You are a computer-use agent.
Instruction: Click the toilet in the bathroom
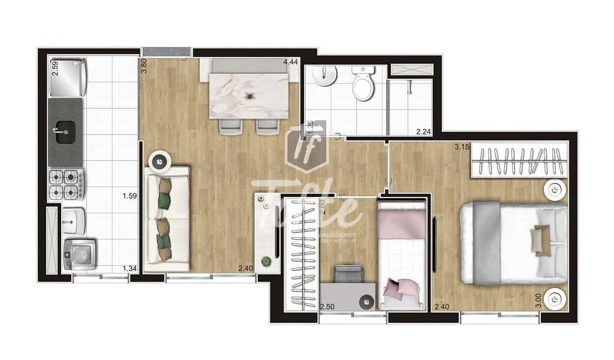click(363, 85)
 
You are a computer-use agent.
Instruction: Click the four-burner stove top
click(65, 184)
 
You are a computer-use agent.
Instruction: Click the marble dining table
click(249, 95)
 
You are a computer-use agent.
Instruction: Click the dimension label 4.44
click(290, 62)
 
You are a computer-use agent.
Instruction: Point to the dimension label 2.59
click(55, 68)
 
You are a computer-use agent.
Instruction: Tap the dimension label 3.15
click(461, 146)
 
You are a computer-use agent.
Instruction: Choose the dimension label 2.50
click(327, 307)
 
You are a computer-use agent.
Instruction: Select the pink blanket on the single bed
click(401, 219)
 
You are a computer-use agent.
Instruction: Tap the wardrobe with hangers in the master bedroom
click(519, 160)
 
